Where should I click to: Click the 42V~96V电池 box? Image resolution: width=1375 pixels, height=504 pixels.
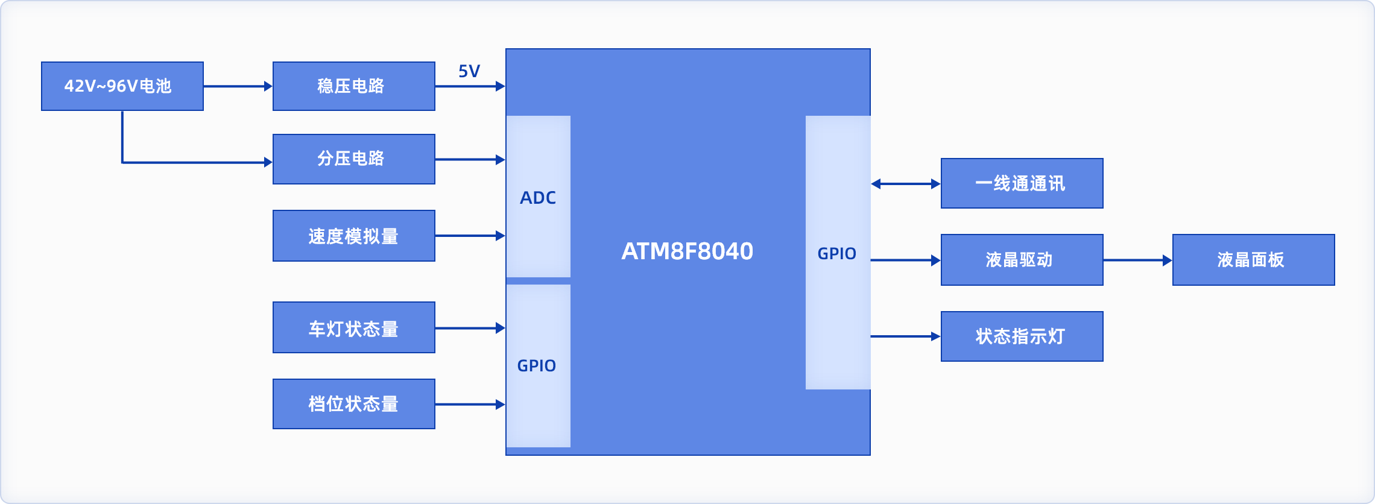122,86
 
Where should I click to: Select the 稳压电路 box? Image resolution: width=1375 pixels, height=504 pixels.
353,86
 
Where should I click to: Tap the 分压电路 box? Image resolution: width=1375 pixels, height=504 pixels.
353,159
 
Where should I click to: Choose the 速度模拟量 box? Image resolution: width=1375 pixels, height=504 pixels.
353,236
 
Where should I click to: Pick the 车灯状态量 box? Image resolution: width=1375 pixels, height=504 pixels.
353,327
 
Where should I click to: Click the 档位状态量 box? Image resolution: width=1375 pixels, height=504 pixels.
353,404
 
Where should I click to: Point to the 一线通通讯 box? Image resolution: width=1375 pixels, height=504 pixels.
1022,183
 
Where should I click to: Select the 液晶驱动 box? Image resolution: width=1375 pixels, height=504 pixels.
1022,260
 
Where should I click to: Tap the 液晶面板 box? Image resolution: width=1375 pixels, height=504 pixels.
1253,260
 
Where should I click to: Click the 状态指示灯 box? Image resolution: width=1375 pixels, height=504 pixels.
1022,336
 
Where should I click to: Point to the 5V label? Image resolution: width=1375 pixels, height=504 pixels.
469,71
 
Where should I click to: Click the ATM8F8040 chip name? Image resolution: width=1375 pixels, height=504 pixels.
687,251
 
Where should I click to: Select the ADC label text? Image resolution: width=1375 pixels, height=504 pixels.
538,198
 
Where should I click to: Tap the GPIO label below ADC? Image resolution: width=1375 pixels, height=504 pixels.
537,365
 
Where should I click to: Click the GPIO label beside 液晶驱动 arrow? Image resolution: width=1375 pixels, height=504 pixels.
837,253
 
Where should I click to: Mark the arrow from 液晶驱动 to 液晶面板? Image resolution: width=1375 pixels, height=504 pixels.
1137,260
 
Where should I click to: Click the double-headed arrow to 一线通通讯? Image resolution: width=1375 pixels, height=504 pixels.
906,184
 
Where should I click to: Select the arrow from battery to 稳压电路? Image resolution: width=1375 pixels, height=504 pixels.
238,86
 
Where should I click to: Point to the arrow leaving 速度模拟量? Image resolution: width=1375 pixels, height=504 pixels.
470,236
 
